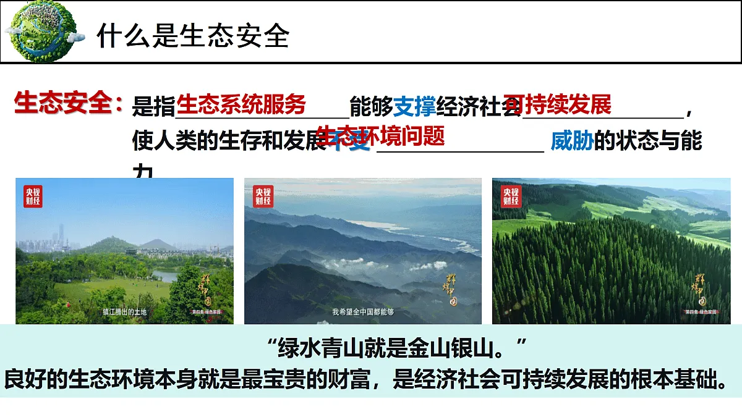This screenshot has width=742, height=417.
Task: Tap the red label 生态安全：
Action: click(x=69, y=104)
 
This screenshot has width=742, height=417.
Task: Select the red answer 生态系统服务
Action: click(x=242, y=104)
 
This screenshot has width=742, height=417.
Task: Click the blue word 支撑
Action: click(x=415, y=107)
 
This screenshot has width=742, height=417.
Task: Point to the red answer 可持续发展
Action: click(x=557, y=104)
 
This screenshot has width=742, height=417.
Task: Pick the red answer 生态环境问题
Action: click(x=380, y=135)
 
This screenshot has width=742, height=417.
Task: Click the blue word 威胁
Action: click(x=572, y=141)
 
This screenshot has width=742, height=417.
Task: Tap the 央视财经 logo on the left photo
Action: click(x=33, y=196)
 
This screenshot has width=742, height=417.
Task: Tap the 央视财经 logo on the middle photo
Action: click(x=262, y=196)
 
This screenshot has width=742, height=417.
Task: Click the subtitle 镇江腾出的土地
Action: click(x=125, y=312)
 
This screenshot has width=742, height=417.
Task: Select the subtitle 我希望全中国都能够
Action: click(x=363, y=312)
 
